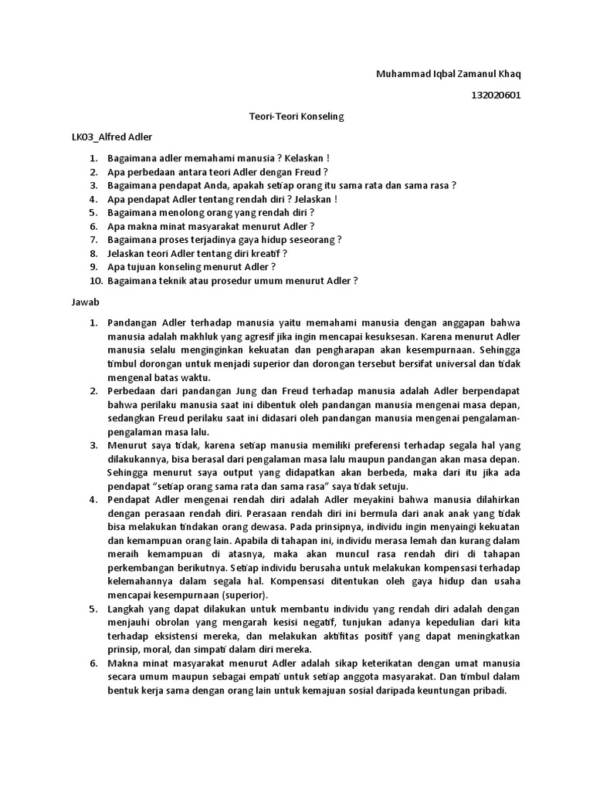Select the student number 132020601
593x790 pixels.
496,96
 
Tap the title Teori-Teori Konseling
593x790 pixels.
296,116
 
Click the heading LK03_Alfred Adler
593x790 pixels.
112,137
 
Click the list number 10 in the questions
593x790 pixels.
94,281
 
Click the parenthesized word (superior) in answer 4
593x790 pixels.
244,596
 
